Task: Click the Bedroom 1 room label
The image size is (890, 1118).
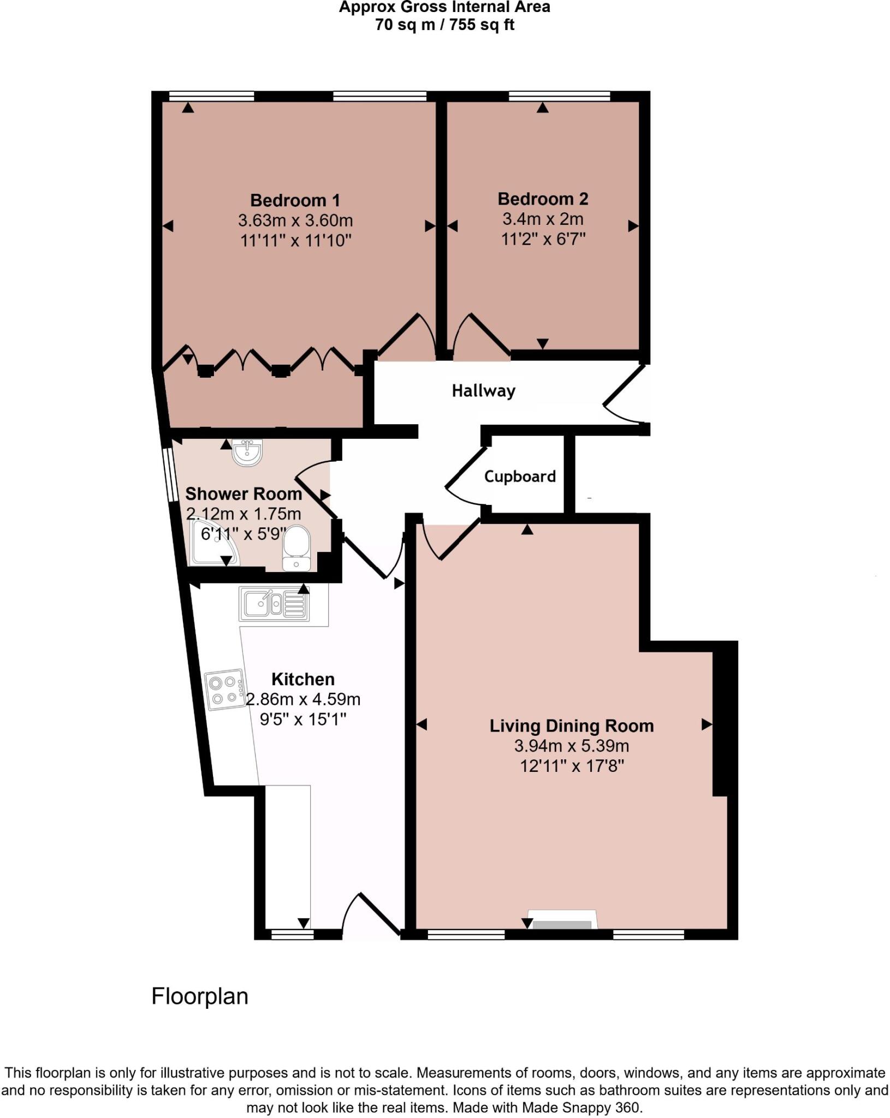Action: [295, 200]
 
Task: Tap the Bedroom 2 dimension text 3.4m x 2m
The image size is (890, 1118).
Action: [543, 219]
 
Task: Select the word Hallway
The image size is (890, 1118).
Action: [483, 391]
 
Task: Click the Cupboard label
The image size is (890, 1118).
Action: [520, 477]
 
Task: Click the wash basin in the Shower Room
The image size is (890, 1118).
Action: [248, 453]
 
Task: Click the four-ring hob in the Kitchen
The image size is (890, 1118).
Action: [224, 690]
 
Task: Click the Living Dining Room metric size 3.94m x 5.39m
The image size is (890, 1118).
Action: [571, 746]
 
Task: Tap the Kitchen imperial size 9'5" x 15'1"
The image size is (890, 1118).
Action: [303, 719]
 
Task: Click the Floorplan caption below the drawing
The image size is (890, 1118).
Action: [200, 996]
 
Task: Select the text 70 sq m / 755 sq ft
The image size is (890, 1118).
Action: [444, 25]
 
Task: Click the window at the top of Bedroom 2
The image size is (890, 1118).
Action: [559, 97]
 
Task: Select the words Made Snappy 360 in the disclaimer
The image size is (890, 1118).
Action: [580, 1108]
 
